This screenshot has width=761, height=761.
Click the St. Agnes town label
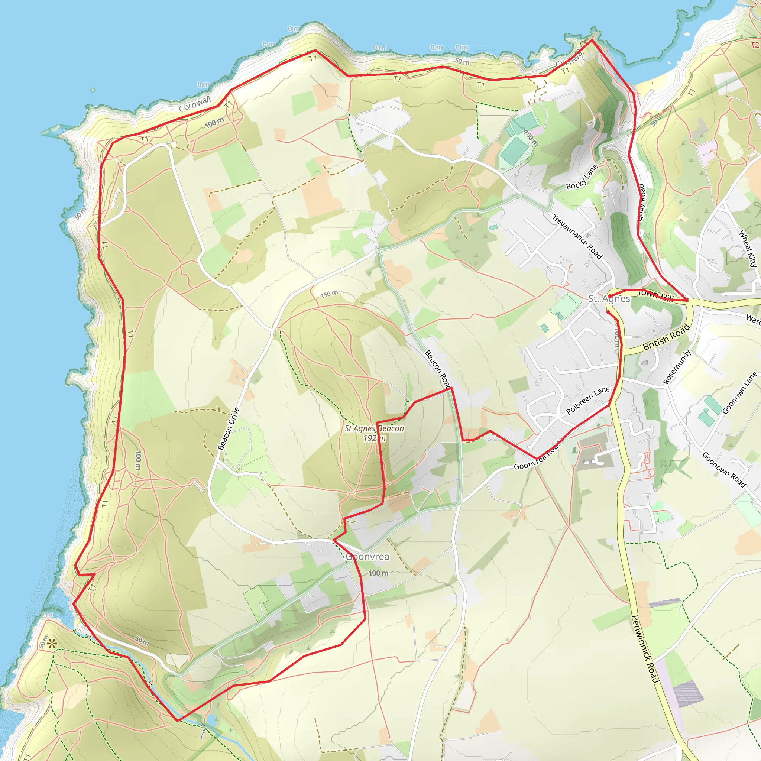[x=609, y=299]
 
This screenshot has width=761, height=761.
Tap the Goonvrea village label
[x=367, y=557]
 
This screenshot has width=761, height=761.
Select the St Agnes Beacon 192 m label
[x=374, y=433]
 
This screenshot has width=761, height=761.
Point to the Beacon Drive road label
[x=229, y=428]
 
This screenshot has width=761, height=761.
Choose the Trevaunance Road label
[x=577, y=237]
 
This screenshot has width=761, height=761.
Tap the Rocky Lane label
[x=582, y=177]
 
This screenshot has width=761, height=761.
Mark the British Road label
[x=666, y=337]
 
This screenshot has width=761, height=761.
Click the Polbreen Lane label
[x=588, y=400]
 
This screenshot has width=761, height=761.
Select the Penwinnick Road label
[x=645, y=649]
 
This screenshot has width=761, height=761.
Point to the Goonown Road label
[x=724, y=470]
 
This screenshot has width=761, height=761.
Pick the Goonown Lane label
[x=739, y=393]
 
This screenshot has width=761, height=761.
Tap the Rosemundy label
[x=677, y=367]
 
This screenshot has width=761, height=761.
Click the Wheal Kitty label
[x=748, y=249]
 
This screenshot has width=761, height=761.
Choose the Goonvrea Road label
[x=537, y=457]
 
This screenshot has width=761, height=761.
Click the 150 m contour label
[x=329, y=294]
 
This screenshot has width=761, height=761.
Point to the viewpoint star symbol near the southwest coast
[x=52, y=644]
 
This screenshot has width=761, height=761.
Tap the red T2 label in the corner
[x=755, y=45]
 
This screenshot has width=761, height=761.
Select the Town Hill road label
[x=655, y=295]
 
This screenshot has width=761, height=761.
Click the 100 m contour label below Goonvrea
[x=378, y=573]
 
